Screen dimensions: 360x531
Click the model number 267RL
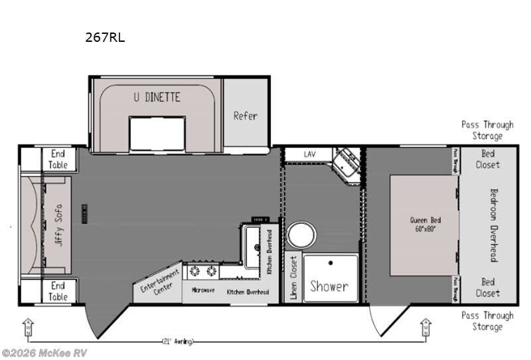pyautogui.click(x=105, y=38)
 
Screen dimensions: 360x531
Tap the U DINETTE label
pyautogui.click(x=157, y=97)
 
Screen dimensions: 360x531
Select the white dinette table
pyautogui.click(x=157, y=133)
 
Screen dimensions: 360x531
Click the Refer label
pyautogui.click(x=245, y=116)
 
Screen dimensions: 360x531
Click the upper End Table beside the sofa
pyautogui.click(x=58, y=159)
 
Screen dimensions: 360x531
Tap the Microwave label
pyautogui.click(x=203, y=290)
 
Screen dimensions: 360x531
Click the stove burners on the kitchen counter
pyautogui.click(x=204, y=270)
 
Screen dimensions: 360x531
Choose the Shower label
pyautogui.click(x=329, y=286)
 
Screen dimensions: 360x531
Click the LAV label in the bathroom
pyautogui.click(x=310, y=154)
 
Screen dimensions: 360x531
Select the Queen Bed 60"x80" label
pyautogui.click(x=425, y=225)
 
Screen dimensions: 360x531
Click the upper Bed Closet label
pyautogui.click(x=488, y=159)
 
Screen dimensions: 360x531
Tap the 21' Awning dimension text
pyautogui.click(x=178, y=341)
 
